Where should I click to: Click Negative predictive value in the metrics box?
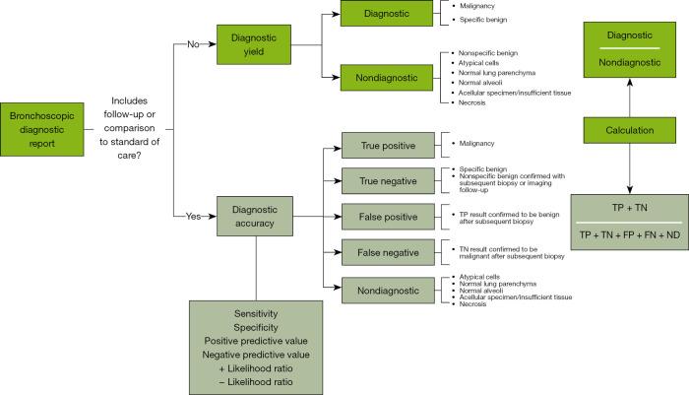pyautogui.click(x=256, y=353)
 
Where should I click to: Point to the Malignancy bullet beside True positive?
pyautogui.click(x=477, y=144)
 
